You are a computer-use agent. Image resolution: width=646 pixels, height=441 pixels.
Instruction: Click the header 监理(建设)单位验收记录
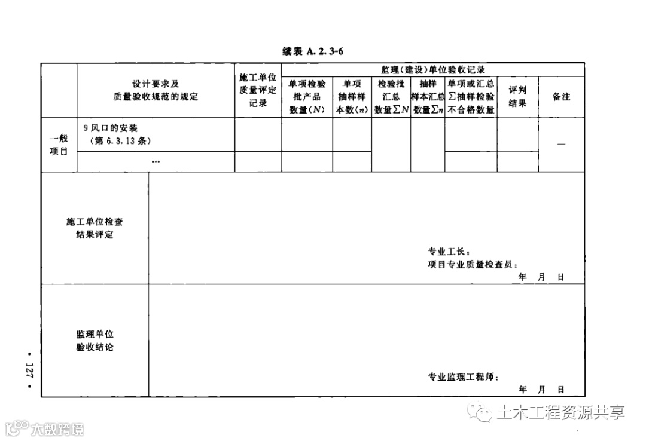pyautogui.click(x=432, y=70)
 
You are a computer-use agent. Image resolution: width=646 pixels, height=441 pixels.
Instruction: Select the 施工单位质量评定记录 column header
pyautogui.click(x=258, y=90)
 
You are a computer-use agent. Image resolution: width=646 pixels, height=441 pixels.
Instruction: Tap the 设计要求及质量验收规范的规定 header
pyautogui.click(x=156, y=90)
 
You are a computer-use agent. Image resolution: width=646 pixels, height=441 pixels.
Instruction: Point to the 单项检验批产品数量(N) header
pyautogui.click(x=307, y=97)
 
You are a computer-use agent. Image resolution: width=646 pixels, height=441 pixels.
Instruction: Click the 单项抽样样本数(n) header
pyautogui.click(x=352, y=97)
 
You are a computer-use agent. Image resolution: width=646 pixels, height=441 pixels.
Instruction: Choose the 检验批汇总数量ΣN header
pyautogui.click(x=391, y=97)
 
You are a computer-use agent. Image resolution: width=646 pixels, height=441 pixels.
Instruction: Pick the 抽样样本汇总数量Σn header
pyautogui.click(x=428, y=97)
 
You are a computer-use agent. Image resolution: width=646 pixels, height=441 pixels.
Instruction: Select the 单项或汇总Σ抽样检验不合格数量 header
pyautogui.click(x=471, y=97)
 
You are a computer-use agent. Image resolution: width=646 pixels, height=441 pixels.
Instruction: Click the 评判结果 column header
pyautogui.click(x=517, y=97)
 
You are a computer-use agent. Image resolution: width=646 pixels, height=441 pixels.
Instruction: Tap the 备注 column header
pyautogui.click(x=561, y=97)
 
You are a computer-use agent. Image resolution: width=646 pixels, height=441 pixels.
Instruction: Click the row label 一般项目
pyautogui.click(x=59, y=145)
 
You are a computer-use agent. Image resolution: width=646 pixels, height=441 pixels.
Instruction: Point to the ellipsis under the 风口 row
pyautogui.click(x=156, y=161)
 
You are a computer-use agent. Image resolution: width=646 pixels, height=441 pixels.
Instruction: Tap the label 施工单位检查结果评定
pyautogui.click(x=95, y=228)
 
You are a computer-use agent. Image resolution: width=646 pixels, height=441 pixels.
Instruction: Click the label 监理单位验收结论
pyautogui.click(x=95, y=341)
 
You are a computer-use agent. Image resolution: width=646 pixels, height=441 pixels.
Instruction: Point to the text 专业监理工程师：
pyautogui.click(x=463, y=377)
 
